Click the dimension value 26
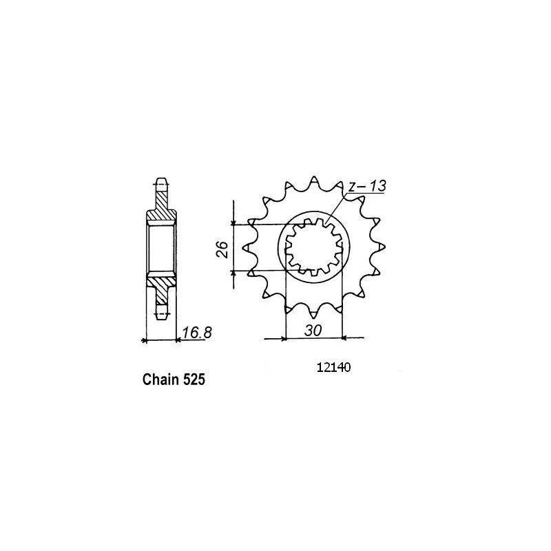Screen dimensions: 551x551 click(222, 249)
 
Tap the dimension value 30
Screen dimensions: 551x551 click(313, 331)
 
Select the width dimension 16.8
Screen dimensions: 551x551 click(197, 333)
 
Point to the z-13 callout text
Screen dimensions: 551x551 click(367, 186)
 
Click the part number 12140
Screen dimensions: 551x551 click(333, 368)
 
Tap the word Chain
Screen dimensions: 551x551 click(160, 380)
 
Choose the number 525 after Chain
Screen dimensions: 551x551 click(194, 380)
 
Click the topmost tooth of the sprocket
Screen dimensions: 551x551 click(313, 180)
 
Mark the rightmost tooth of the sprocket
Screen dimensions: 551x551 click(381, 247)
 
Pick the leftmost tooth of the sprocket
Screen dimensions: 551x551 click(248, 248)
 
